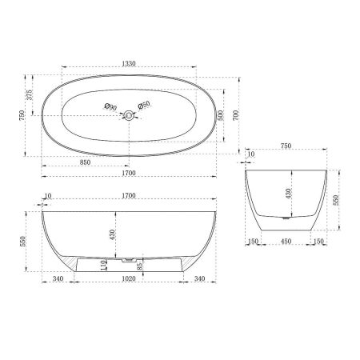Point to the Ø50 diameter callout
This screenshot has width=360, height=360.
[x=144, y=106]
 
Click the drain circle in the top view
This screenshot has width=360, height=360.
[x=127, y=116]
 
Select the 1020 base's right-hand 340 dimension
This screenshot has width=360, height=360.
[x=202, y=279]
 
